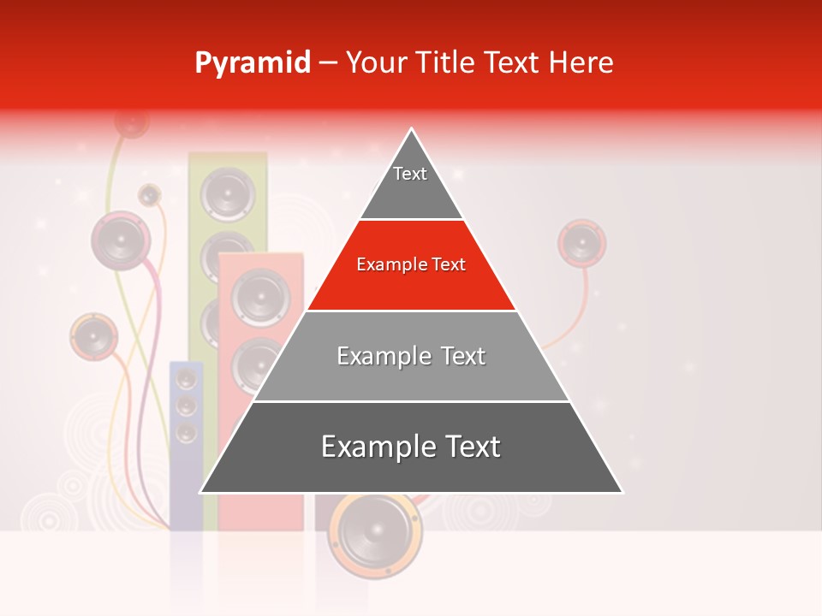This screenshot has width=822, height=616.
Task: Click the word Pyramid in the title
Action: coord(253,63)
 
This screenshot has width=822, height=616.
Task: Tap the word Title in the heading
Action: coord(448,63)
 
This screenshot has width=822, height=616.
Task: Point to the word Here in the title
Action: coord(581,63)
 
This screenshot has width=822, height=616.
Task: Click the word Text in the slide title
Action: coord(512,63)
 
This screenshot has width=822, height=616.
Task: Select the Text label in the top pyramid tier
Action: coord(410,174)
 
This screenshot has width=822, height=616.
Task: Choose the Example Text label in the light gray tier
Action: coord(411,356)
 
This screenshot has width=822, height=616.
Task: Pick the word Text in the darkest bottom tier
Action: coord(471,447)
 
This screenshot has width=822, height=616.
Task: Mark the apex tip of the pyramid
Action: coord(412,129)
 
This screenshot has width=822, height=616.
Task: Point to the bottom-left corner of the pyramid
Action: coord(201,492)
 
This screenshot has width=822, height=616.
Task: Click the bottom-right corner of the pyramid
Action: coord(622,492)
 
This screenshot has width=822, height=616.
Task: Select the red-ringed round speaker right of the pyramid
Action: coord(582,242)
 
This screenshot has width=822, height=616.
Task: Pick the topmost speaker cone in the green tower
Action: coord(227,193)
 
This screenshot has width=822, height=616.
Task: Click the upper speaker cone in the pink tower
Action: coord(260,296)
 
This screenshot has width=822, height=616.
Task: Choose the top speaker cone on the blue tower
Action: coord(187,379)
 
